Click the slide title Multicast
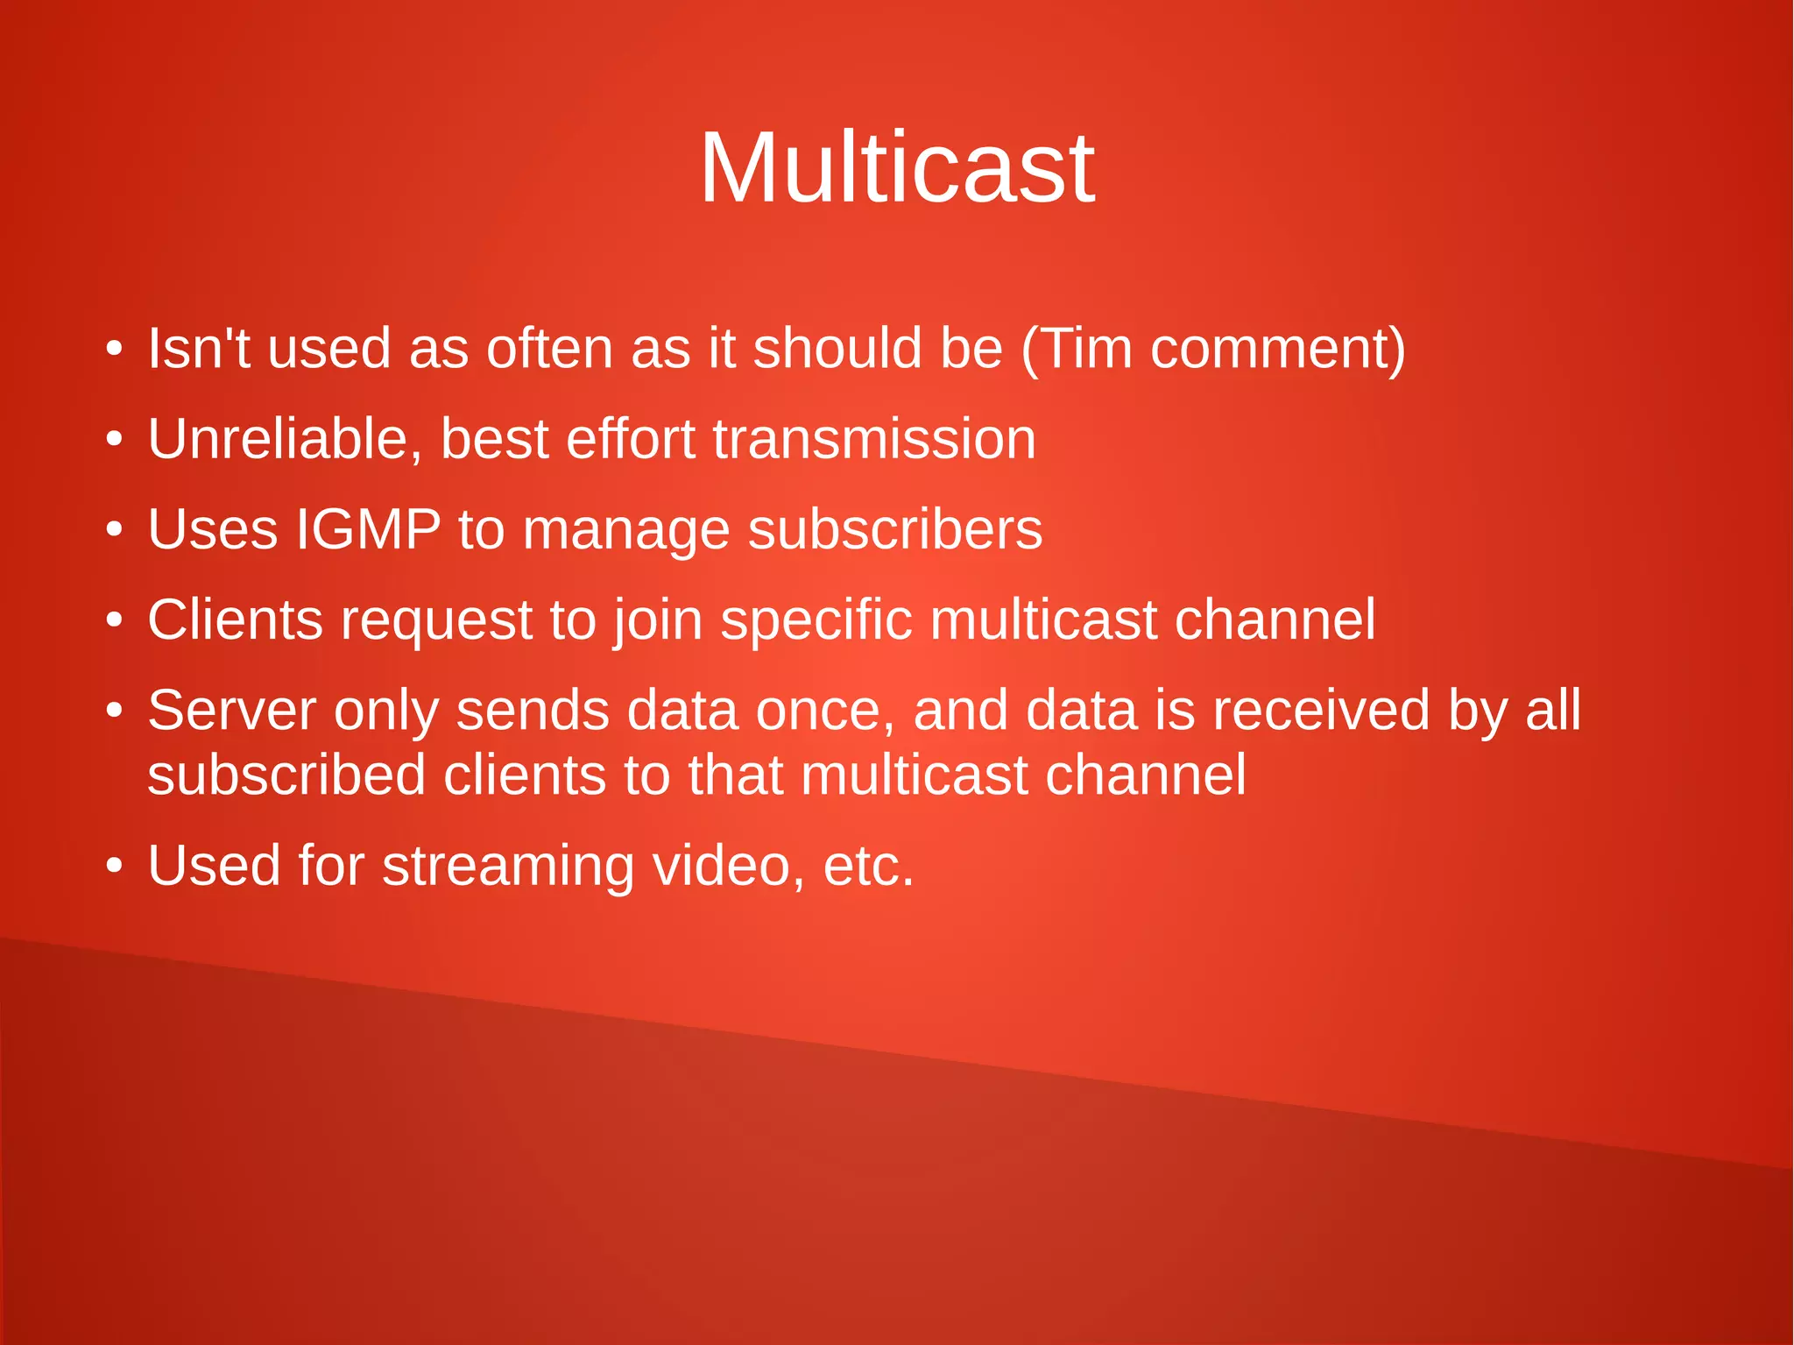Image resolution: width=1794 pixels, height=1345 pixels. click(x=897, y=167)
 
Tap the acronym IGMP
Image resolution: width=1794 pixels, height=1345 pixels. click(x=368, y=529)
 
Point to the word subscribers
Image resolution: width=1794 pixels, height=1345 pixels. click(x=894, y=529)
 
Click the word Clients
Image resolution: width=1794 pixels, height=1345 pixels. click(x=235, y=619)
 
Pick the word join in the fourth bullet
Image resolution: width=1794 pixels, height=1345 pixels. click(x=658, y=621)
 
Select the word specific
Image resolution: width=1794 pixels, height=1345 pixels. click(x=816, y=621)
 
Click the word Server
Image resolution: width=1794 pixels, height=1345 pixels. click(x=231, y=710)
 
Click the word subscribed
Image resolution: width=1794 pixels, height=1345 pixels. click(x=286, y=775)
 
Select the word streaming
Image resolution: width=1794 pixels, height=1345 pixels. click(x=508, y=867)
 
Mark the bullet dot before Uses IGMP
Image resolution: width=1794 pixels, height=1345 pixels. click(x=114, y=530)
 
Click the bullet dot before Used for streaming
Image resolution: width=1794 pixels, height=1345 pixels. click(x=114, y=867)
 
